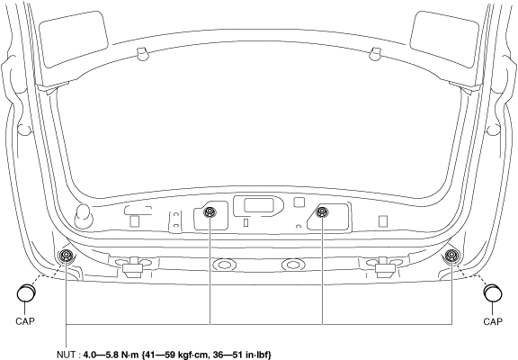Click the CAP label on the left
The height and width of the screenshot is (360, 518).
[x=25, y=320]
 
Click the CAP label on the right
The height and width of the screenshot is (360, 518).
[x=493, y=321]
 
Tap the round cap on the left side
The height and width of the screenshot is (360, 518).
[x=26, y=292]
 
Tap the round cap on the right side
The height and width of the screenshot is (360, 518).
[x=493, y=292]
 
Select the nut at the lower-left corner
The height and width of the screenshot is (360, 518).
[x=66, y=256]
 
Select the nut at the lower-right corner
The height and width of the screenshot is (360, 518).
[x=451, y=256]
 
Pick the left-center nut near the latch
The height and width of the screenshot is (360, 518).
[x=210, y=211]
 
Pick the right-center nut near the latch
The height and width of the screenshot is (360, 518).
[x=322, y=211]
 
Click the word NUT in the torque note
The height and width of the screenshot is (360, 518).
[x=66, y=355]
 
